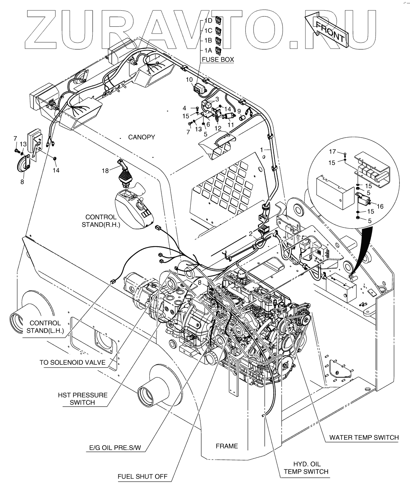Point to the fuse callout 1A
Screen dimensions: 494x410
click(x=208, y=50)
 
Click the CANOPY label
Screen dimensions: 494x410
click(x=141, y=137)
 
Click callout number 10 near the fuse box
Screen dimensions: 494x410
click(x=189, y=80)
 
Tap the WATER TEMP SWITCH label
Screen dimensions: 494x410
click(x=364, y=437)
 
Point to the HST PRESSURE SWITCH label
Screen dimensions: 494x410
click(x=82, y=398)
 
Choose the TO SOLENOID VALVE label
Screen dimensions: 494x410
click(x=72, y=362)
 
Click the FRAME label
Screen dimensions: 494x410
click(x=227, y=446)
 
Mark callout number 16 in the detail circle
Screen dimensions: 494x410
click(x=380, y=206)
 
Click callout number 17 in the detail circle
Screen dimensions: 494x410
click(x=333, y=152)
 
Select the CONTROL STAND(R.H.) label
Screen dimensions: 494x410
click(x=101, y=221)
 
